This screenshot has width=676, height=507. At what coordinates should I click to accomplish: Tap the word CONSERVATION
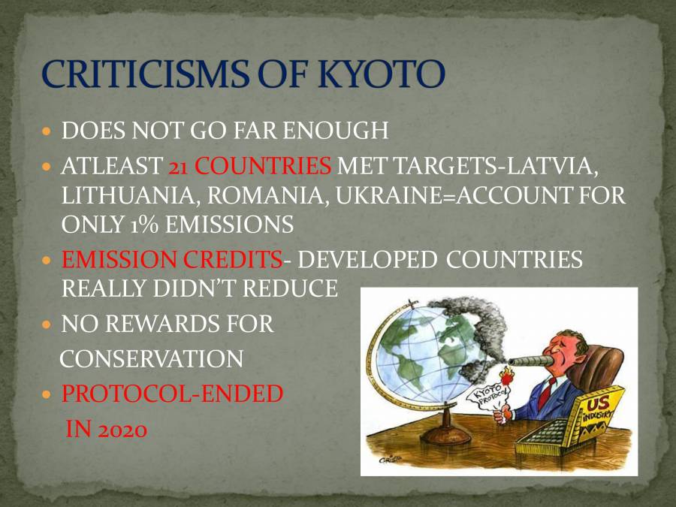tap(151, 359)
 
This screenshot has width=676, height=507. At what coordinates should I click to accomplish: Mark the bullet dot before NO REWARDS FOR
tap(47, 325)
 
